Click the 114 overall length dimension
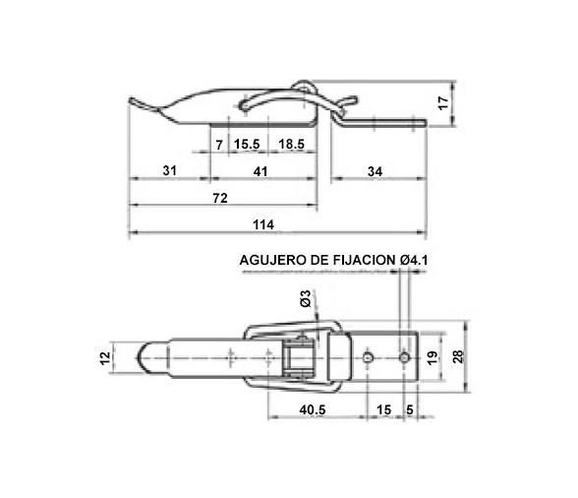(x=262, y=224)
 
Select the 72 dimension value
(x=220, y=198)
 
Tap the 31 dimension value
(x=169, y=171)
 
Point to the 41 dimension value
(x=261, y=171)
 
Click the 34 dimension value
(x=375, y=171)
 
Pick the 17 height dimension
(x=442, y=101)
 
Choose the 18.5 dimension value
(x=291, y=145)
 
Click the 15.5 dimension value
(x=247, y=145)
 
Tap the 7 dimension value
(x=218, y=145)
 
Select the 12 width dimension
(x=106, y=358)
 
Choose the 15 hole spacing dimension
(x=382, y=408)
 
